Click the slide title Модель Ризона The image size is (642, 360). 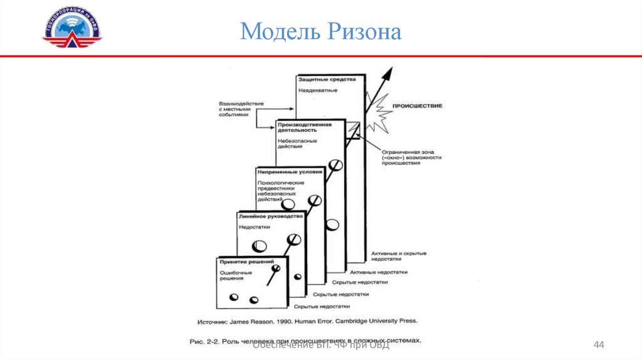tap(320, 31)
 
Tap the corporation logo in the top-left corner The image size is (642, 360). tap(71, 29)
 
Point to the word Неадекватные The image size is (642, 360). tap(318, 90)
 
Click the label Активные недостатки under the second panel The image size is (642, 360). tap(379, 272)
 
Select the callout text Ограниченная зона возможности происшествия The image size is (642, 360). tap(408, 157)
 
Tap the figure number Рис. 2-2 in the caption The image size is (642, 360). tap(201, 341)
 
